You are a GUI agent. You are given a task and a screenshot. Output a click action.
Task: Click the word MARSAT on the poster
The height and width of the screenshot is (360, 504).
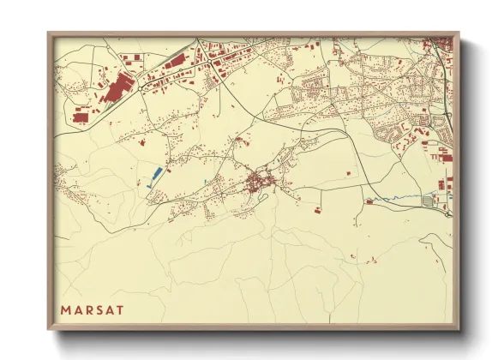[x=92, y=309]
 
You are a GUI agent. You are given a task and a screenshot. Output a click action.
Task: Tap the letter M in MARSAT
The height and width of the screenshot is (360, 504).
[x=65, y=309]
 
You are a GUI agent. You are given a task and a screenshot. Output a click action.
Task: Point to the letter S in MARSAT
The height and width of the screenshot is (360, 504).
[x=98, y=309]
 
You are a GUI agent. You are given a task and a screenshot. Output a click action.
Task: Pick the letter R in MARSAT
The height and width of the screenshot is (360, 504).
[x=87, y=309]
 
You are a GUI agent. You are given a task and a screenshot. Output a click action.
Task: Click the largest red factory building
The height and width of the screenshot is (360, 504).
[x=117, y=87]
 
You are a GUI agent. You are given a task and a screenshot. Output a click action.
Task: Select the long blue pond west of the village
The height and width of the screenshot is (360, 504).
[x=156, y=176]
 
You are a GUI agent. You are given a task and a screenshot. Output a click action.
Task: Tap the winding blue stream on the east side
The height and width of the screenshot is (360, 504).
[x=394, y=201]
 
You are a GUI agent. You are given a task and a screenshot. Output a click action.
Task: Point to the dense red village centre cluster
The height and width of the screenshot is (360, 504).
[x=257, y=182]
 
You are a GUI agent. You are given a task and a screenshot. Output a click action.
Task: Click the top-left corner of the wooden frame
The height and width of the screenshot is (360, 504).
[x=48, y=33]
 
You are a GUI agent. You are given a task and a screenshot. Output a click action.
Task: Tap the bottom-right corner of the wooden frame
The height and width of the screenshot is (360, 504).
[x=459, y=330]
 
